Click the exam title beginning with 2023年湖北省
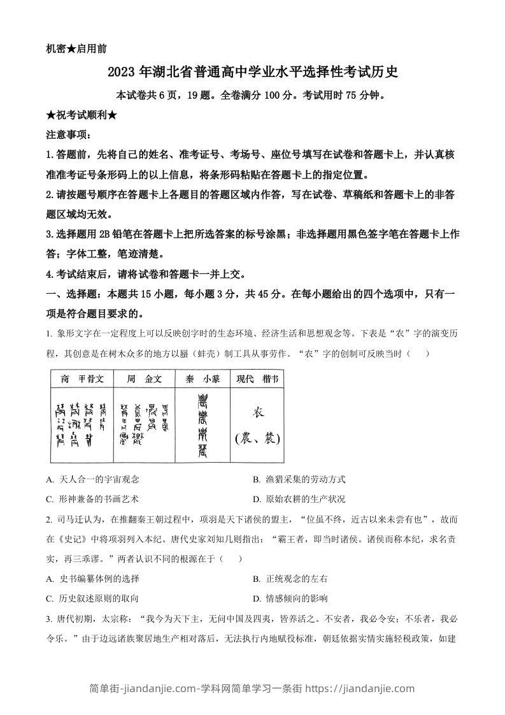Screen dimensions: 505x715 point(253,72)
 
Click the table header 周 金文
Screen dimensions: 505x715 point(144,379)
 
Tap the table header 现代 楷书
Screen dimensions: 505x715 point(257,379)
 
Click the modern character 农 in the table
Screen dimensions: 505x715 point(258,412)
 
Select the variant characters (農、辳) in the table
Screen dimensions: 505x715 point(257,438)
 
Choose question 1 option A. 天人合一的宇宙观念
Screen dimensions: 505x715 point(93,479)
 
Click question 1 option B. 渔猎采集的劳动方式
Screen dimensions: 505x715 point(299,479)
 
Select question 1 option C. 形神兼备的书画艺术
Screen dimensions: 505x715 point(93,499)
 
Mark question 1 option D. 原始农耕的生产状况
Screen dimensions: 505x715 point(299,499)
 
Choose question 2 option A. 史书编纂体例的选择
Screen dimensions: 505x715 point(93,579)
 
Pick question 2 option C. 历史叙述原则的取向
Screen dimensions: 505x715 point(93,598)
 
